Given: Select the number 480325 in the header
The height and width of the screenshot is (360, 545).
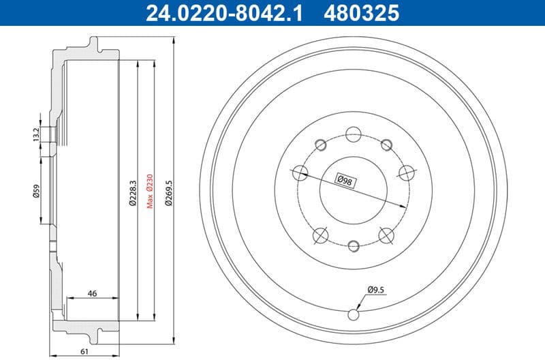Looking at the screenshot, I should (x=362, y=13).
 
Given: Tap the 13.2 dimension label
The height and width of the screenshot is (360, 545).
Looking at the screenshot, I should (x=35, y=134).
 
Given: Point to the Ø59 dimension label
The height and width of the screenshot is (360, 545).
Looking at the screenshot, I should (x=35, y=192).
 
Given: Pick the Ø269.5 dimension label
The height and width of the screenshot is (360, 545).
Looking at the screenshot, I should (x=166, y=193).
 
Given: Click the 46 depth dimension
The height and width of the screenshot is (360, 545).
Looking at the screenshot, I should (x=91, y=294).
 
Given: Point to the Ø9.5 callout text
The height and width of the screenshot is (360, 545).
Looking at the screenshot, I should (x=376, y=289).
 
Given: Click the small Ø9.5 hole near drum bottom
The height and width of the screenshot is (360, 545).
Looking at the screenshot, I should (x=353, y=314).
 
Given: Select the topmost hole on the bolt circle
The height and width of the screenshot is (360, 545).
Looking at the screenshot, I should (x=353, y=134).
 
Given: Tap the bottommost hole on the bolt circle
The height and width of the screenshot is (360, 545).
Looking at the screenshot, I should (x=353, y=245).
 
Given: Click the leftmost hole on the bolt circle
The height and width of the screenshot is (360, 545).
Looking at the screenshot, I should (x=299, y=172).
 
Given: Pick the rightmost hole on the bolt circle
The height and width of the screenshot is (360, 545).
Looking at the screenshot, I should (x=407, y=172).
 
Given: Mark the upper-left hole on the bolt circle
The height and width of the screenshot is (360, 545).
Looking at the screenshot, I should (x=320, y=144).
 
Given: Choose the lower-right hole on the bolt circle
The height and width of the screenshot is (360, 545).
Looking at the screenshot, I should (x=386, y=235).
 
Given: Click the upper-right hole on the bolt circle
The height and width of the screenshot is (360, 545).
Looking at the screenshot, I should (x=386, y=144).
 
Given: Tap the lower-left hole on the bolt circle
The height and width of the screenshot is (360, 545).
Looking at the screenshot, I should (x=320, y=235).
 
